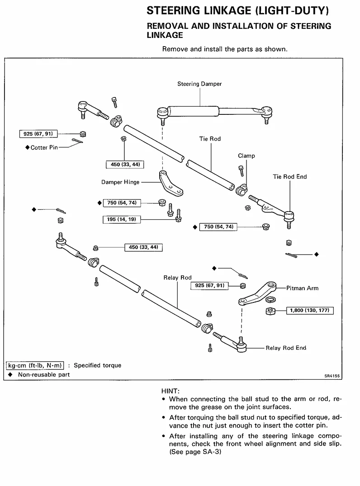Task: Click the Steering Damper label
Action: [x=199, y=84]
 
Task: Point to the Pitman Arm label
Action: [x=302, y=288]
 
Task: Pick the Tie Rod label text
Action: [x=210, y=139]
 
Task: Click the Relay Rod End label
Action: [x=286, y=348]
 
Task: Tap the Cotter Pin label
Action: [x=44, y=147]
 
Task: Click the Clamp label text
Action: [x=246, y=156]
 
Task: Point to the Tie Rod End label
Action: [x=289, y=177]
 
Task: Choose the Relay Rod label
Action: [x=178, y=278]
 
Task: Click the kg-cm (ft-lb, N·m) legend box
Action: [x=35, y=365]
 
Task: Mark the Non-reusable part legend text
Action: [x=44, y=375]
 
